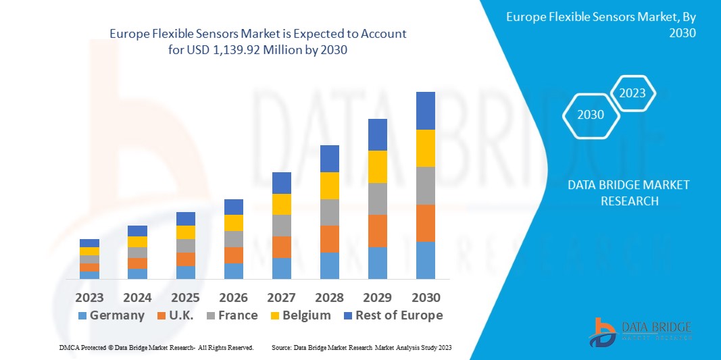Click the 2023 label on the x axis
coord(89,297)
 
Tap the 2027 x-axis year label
coord(281,297)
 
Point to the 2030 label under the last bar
coord(425,297)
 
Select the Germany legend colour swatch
coord(82,315)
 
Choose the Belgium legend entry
coord(301,315)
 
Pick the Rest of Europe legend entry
coord(393,315)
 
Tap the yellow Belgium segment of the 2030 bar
coord(425,148)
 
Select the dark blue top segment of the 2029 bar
coord(377,134)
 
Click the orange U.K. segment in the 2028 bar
coord(329,238)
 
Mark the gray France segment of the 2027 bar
coord(281,225)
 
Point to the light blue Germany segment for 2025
coord(185,272)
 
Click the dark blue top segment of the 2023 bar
coord(89,243)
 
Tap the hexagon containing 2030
coord(591,115)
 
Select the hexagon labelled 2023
coord(632,93)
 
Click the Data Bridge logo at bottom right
coord(639,332)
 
